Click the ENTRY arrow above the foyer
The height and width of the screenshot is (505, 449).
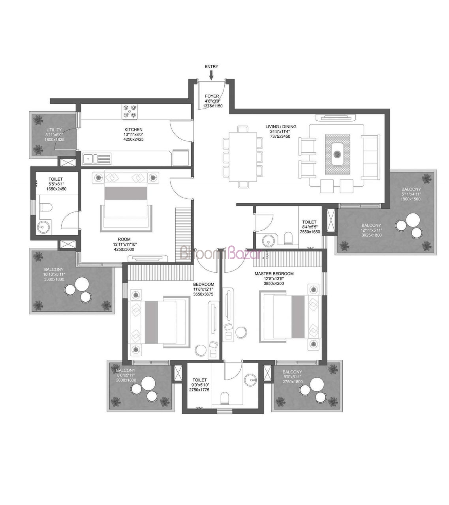click(x=211, y=75)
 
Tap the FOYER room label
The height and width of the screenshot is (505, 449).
click(x=212, y=96)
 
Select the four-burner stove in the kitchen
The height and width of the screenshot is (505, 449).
click(x=130, y=111)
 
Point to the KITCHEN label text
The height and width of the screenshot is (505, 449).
click(x=133, y=130)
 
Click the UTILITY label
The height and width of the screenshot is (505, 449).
click(x=54, y=130)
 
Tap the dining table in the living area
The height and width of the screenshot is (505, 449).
click(x=242, y=157)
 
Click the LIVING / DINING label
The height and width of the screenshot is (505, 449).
click(x=281, y=127)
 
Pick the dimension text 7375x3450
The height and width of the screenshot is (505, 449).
click(x=280, y=137)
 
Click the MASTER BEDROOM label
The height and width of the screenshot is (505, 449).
click(x=274, y=274)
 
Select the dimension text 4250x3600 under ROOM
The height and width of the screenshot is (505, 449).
click(x=124, y=249)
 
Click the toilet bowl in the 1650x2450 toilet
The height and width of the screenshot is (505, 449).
click(x=46, y=207)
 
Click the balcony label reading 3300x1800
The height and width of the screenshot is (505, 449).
click(x=54, y=279)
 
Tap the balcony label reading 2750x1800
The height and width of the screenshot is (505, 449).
click(x=293, y=382)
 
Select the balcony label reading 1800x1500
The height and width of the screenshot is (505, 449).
click(x=411, y=199)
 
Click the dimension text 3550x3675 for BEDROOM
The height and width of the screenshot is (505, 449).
click(x=203, y=294)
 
